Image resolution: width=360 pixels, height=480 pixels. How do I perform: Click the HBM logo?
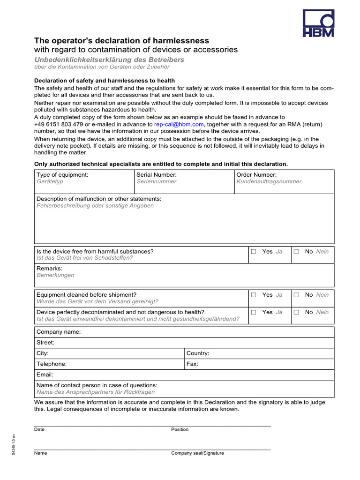coord(318,23)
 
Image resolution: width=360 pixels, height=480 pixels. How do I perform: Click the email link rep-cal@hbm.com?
coord(179,124)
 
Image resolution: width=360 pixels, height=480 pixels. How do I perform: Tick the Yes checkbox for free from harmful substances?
coord(254,252)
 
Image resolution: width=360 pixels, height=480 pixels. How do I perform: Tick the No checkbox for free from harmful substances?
coord(296,252)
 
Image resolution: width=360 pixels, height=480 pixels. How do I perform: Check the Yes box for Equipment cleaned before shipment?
coord(254,295)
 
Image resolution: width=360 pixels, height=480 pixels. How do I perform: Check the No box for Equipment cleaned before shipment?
coord(296,295)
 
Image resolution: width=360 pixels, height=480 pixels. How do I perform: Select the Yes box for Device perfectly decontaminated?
coord(254,312)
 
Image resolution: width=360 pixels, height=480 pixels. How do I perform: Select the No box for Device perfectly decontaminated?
coord(296,312)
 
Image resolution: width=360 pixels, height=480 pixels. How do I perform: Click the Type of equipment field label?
coord(62,174)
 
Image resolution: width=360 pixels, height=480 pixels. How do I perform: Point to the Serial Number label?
coord(157,174)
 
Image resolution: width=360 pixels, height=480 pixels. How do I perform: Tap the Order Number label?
coord(256,174)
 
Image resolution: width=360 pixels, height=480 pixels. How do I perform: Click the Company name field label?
coord(59,332)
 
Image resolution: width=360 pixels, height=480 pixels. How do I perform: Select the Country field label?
coord(198,353)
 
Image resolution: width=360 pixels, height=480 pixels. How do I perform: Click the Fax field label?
coord(192,364)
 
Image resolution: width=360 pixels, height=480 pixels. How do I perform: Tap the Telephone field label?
coord(52,364)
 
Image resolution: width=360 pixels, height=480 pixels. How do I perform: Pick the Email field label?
coord(45,375)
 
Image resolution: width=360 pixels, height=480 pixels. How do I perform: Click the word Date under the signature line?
coord(39,429)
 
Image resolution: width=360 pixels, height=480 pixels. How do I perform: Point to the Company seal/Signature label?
coord(197,453)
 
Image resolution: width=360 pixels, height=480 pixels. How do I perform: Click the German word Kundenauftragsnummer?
coord(269,181)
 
